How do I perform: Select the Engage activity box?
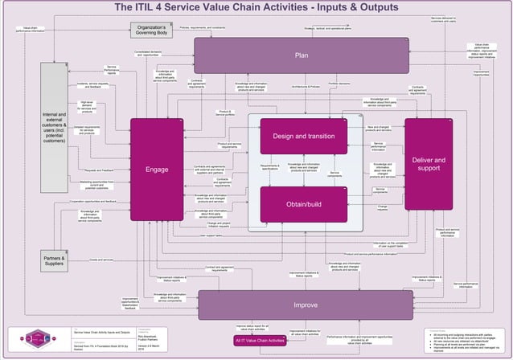tap(157, 170)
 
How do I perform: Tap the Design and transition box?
tap(303, 136)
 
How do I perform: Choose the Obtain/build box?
tap(303, 204)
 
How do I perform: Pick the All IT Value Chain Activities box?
tap(260, 341)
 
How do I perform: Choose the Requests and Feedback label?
tap(100, 170)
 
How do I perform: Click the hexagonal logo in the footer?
tap(39, 337)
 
